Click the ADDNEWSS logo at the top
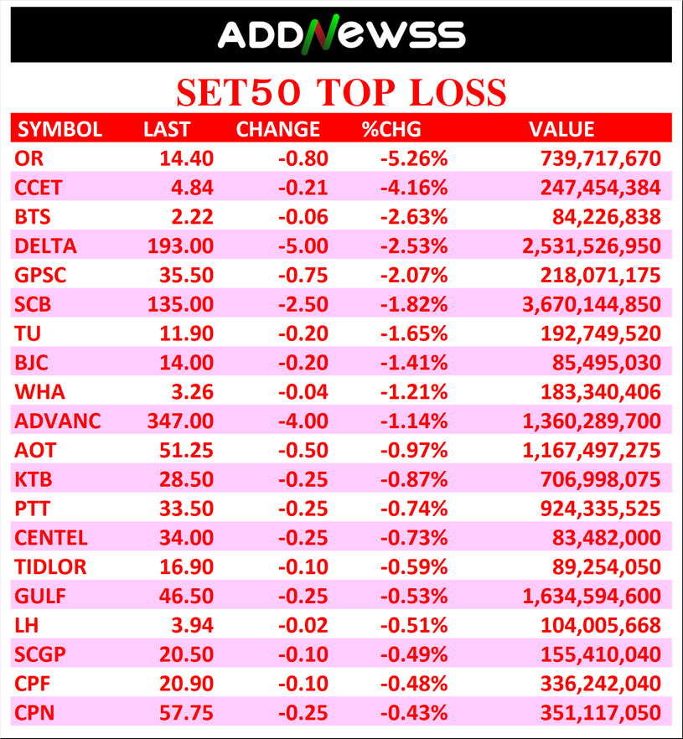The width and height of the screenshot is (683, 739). [341, 34]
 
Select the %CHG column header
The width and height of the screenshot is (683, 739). [391, 129]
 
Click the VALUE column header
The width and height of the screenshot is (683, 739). [561, 129]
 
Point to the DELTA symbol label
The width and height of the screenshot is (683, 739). [45, 246]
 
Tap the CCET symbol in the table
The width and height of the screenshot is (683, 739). [39, 188]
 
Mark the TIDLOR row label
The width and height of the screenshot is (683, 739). [50, 566]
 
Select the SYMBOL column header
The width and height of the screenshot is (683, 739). [60, 129]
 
